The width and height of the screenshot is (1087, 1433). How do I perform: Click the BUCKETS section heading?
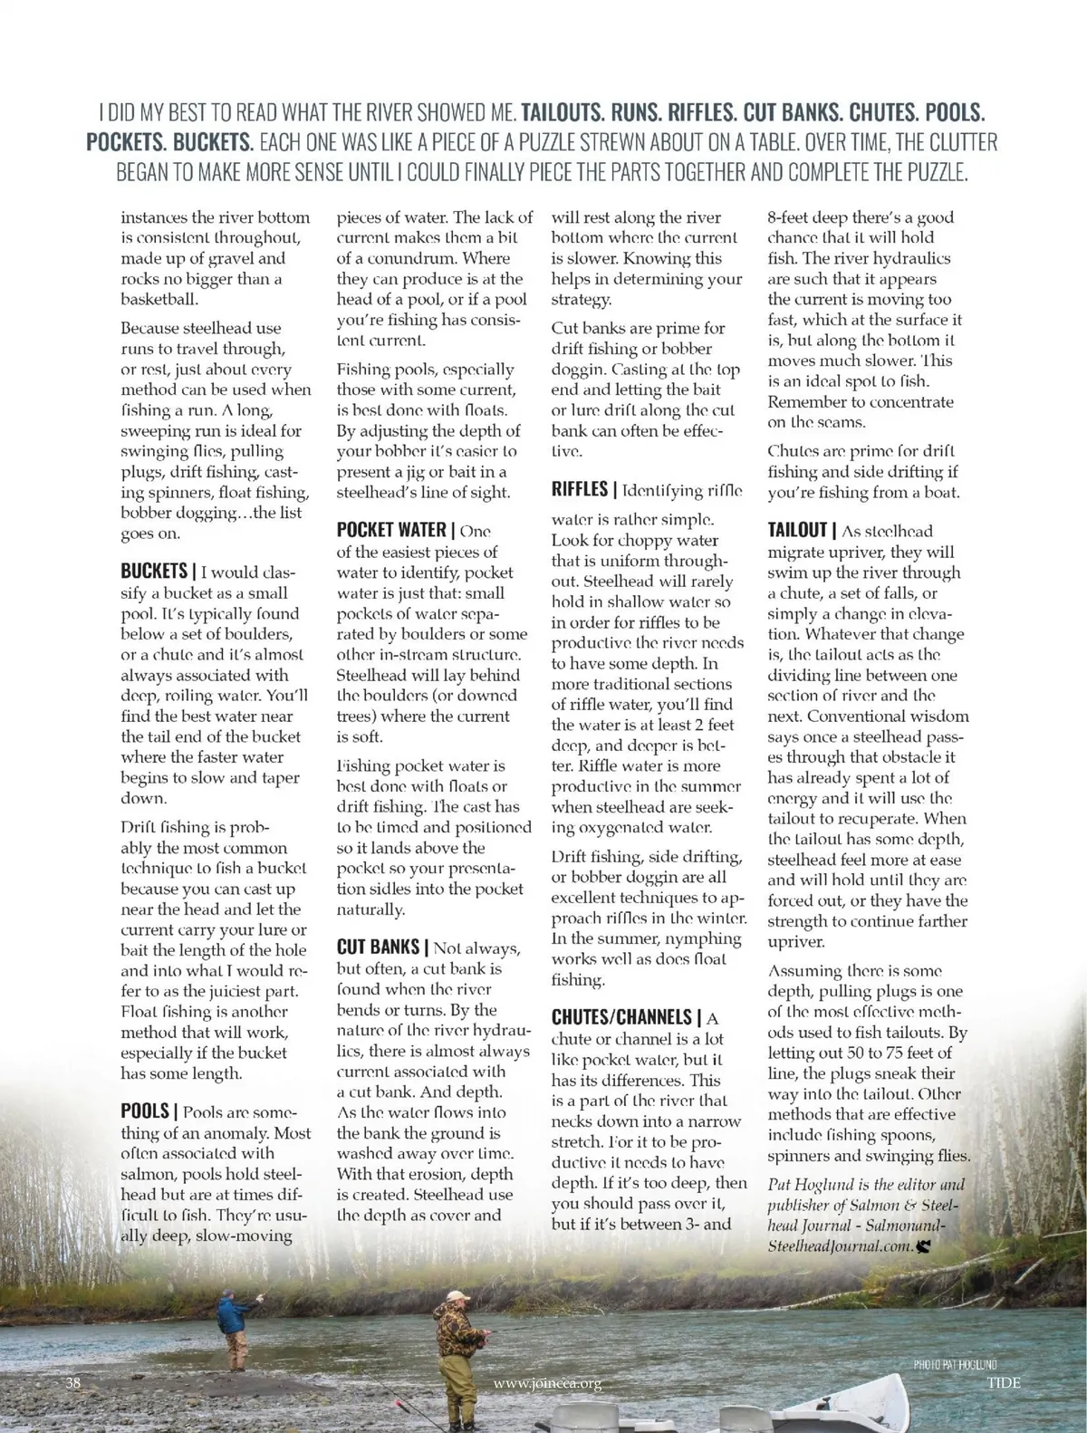153,572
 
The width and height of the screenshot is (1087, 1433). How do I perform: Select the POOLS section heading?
145,1111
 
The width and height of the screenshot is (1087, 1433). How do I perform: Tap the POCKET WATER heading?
391,530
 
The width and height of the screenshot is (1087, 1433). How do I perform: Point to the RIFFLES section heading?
580,490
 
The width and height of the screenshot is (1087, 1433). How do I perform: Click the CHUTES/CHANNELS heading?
623,1017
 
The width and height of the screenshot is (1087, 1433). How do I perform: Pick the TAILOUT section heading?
797,531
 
